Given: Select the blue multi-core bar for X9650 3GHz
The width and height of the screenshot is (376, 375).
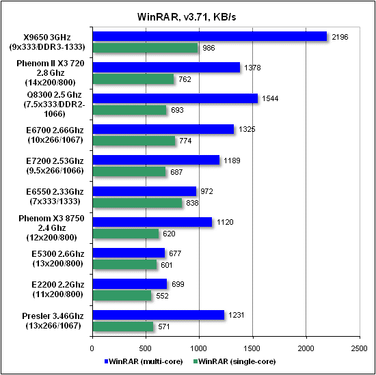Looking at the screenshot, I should [x=209, y=36].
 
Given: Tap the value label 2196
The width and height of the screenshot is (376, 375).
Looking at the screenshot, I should [x=340, y=36].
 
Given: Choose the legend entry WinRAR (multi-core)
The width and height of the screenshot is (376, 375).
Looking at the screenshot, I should [x=142, y=360].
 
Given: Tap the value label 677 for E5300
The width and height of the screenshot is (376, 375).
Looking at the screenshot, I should [x=176, y=253].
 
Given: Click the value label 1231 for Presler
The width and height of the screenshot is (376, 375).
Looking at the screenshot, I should [x=236, y=314].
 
